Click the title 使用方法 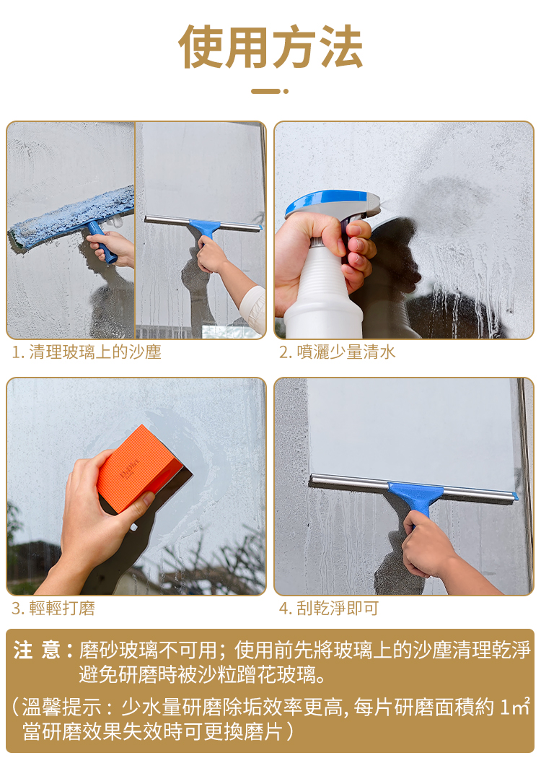[270, 47]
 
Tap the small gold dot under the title [286, 91]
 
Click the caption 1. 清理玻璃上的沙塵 [87, 352]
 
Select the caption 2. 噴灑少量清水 [337, 352]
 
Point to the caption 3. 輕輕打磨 [53, 608]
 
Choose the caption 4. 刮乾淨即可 [329, 608]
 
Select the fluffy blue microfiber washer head [72, 217]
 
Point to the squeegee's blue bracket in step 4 [416, 499]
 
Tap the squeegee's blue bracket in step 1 [205, 227]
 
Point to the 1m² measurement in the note [516, 707]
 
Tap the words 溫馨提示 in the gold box [62, 707]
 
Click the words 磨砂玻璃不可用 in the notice [148, 650]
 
